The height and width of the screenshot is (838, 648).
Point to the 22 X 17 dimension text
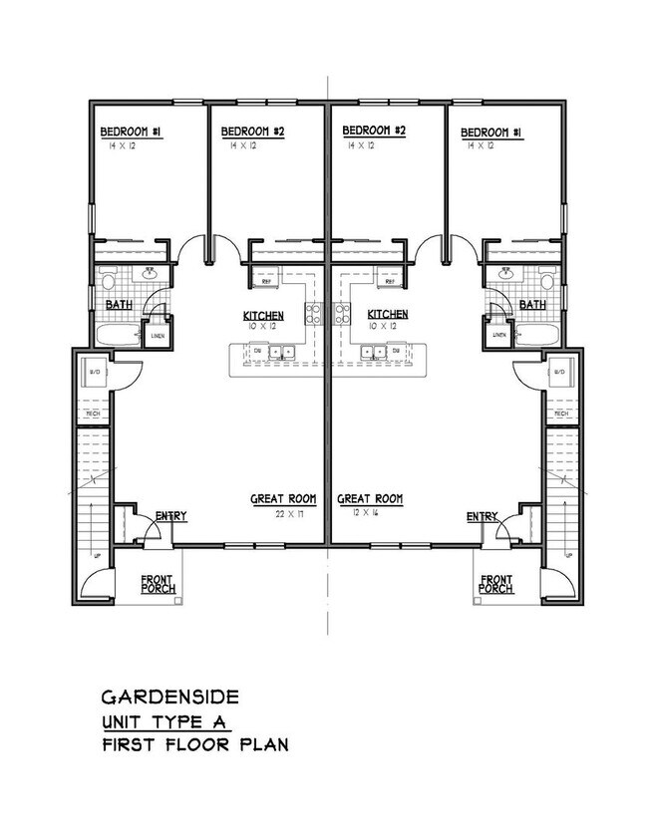[289, 514]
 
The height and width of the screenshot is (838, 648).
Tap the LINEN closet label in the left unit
[157, 336]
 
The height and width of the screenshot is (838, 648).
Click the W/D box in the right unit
[559, 373]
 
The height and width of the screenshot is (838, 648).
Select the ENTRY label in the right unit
[483, 516]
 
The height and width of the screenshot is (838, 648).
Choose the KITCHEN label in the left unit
[263, 316]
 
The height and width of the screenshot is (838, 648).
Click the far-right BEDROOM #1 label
[490, 133]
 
